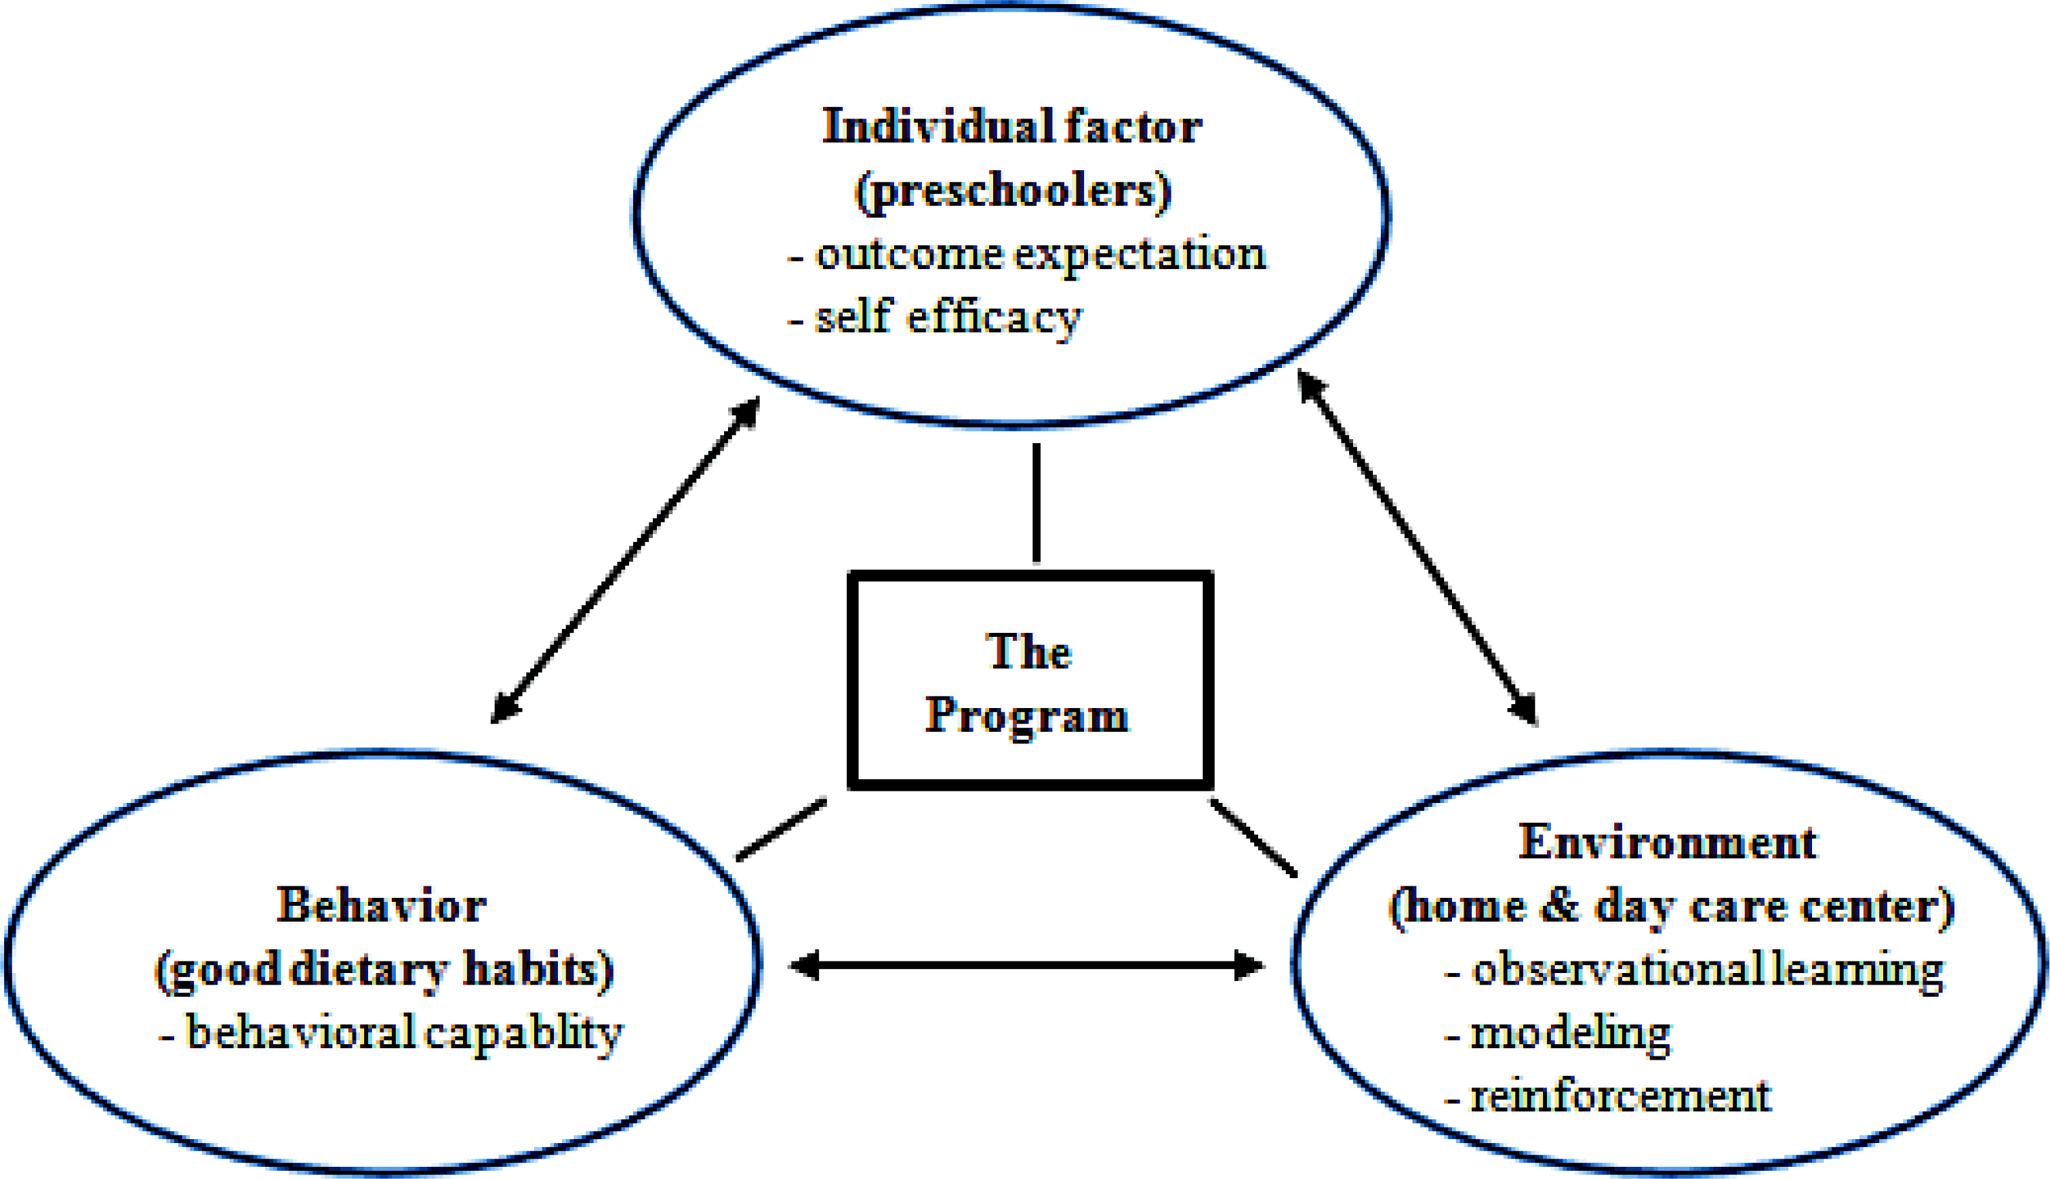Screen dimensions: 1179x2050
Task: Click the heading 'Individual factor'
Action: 1011,127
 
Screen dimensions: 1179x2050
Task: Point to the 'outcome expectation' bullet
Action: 1040,253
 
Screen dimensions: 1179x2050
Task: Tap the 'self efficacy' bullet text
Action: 948,316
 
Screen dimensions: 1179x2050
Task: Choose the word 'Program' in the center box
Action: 1027,715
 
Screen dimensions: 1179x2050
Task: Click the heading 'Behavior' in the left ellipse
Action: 382,905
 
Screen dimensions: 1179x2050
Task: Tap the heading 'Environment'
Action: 1667,842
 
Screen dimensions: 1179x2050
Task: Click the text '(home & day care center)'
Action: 1672,905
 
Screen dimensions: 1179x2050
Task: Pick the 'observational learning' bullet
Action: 1706,969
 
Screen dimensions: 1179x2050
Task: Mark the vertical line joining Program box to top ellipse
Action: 1037,502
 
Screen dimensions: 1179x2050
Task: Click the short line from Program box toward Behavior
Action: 782,829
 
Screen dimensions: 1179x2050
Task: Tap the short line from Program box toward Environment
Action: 1253,837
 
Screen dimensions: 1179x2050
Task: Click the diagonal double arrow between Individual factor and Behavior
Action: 625,560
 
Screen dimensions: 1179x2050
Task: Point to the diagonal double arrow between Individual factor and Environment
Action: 1418,547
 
